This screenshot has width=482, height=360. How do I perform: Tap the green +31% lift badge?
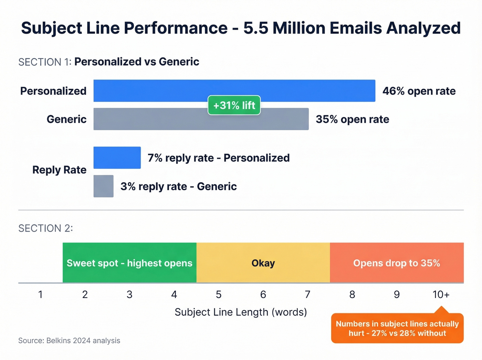(234, 105)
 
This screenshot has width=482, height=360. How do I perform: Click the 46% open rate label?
(419, 91)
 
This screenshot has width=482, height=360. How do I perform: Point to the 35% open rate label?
(353, 119)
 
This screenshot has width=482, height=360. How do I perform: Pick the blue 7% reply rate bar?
(117, 158)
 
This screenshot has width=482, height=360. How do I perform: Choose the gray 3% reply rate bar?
(103, 186)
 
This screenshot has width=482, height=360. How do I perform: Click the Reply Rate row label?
(59, 170)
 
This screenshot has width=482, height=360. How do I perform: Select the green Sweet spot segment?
(129, 263)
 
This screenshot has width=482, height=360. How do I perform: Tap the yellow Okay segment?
(263, 263)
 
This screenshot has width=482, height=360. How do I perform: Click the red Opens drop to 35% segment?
(397, 263)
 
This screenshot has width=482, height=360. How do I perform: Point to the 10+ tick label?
(441, 295)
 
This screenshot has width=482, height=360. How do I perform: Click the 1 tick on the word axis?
(41, 295)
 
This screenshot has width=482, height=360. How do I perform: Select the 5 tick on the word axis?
(219, 295)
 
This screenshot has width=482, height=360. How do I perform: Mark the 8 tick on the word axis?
(352, 295)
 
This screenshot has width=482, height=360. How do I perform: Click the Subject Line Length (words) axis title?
(241, 312)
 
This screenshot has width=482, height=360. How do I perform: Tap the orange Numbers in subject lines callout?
(397, 328)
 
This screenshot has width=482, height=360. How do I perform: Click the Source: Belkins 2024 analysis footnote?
(69, 341)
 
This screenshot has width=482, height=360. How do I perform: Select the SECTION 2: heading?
(45, 228)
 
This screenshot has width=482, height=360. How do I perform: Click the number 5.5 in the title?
(255, 28)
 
